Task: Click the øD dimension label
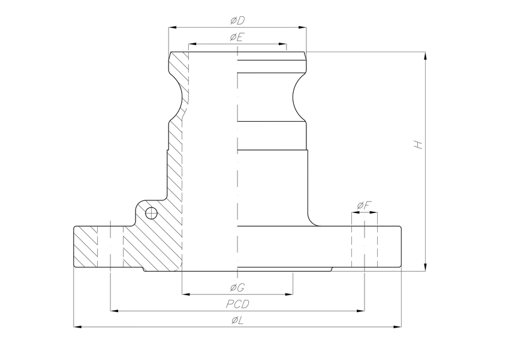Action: [x=237, y=20]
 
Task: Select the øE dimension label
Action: [x=237, y=38]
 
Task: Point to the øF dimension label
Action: [x=364, y=206]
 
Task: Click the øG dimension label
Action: [x=237, y=286]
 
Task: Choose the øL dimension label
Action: [x=237, y=320]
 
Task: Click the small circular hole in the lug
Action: [x=151, y=212]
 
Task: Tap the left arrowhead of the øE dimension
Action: [x=192, y=44]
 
